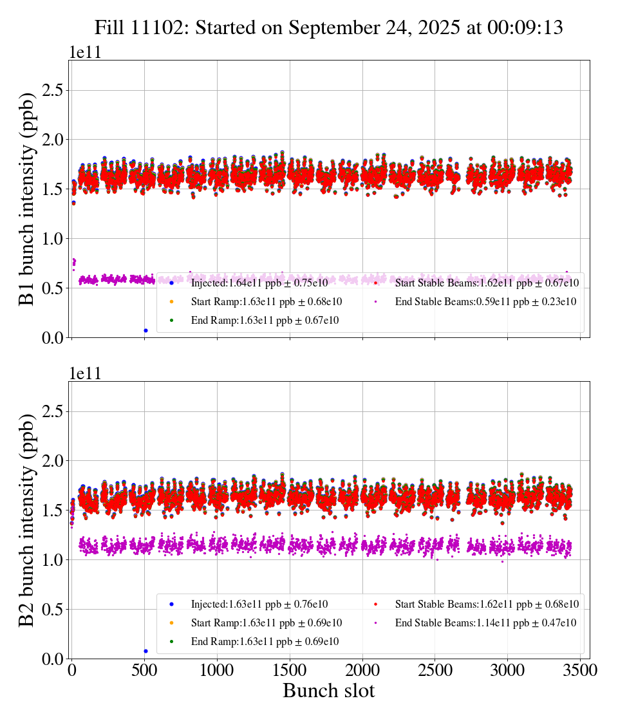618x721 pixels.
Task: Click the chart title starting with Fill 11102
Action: coord(328,28)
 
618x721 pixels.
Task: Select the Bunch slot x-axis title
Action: coord(328,691)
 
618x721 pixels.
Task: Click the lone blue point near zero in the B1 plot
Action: coord(145,330)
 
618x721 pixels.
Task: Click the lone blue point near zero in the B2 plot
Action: coord(145,651)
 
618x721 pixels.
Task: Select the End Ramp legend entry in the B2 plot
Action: coord(265,642)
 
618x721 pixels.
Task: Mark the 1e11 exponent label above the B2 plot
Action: coord(86,374)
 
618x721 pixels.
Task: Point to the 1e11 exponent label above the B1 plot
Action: coord(86,53)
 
